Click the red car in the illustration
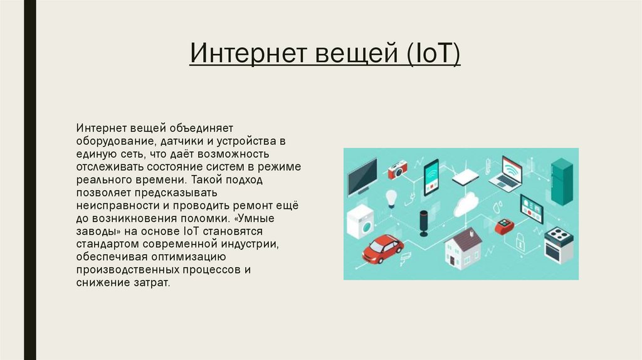click(382, 249)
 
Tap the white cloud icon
click(466, 204)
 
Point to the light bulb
click(392, 198)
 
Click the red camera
click(397, 169)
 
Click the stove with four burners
click(558, 245)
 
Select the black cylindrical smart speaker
click(423, 222)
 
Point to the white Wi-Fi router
click(465, 177)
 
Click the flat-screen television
click(363, 176)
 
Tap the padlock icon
click(520, 241)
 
